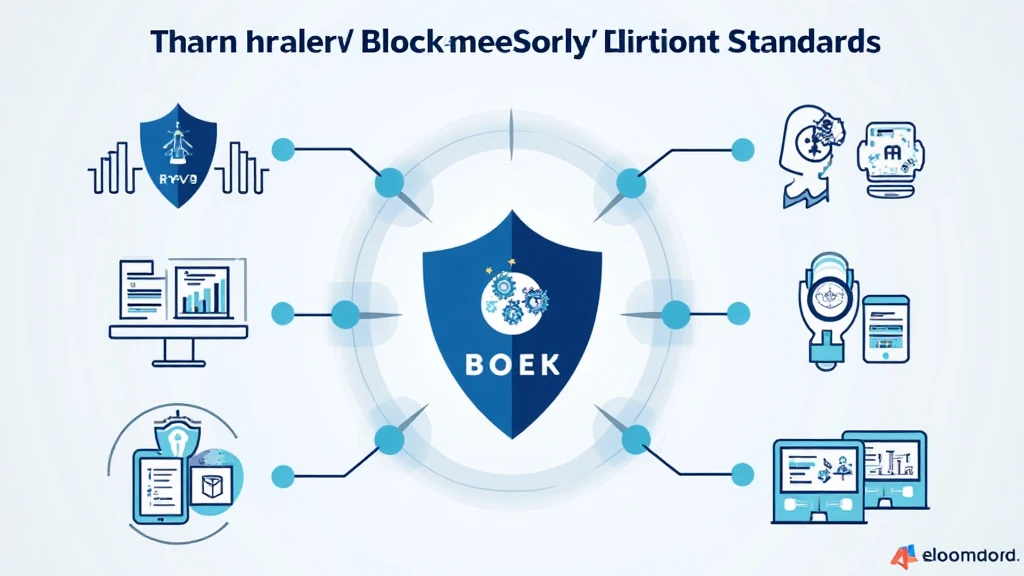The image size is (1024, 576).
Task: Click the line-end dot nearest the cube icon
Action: pos(283,472)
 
